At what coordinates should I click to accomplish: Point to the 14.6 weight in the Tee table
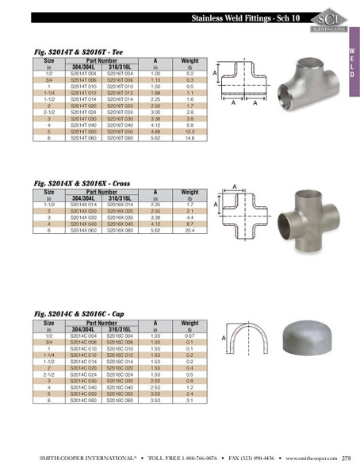(x=190, y=137)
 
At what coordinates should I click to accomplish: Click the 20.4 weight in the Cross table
(x=190, y=230)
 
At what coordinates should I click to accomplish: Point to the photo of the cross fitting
(x=311, y=218)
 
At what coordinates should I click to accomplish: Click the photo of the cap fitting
(x=308, y=339)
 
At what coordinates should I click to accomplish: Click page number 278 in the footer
(x=347, y=457)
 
